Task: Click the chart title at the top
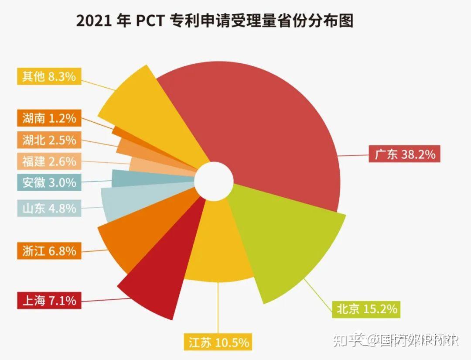tap(215, 21)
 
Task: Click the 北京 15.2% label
tap(366, 309)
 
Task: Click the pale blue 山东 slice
tap(131, 201)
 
